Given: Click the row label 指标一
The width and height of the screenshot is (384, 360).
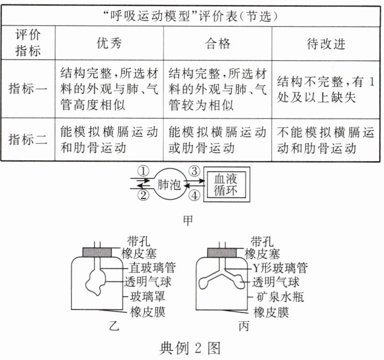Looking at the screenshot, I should coord(28,89).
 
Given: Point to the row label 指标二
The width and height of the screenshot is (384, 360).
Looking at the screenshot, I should coord(28,139).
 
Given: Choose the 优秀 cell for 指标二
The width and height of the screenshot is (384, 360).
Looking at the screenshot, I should coord(109,139).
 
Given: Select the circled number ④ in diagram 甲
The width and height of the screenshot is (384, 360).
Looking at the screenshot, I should coord(195,197).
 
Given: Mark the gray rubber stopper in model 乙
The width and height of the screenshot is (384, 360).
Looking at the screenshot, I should coord(97,252).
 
